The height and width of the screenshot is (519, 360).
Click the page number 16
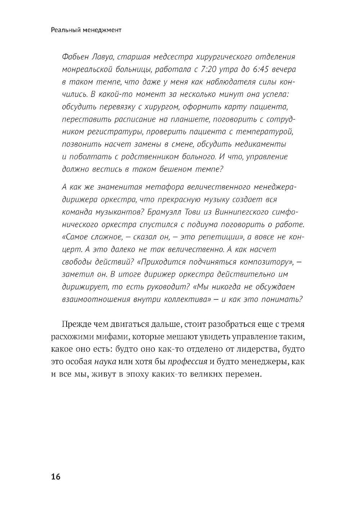(x=56, y=477)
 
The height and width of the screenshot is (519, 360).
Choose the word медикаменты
(x=260, y=145)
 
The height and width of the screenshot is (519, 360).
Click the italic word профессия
(x=188, y=362)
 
